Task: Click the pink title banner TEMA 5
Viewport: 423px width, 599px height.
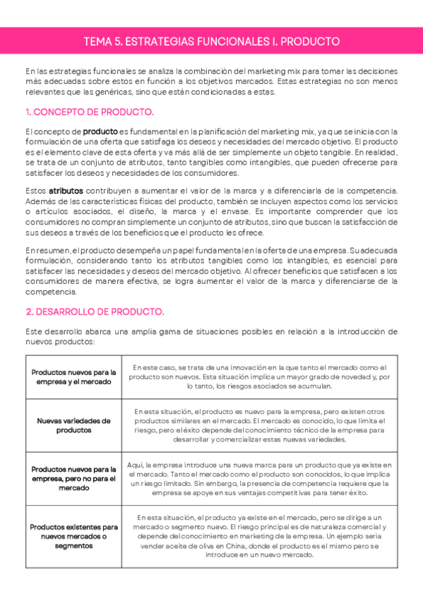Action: [211, 42]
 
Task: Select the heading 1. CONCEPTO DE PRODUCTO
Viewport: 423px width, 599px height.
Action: [89, 112]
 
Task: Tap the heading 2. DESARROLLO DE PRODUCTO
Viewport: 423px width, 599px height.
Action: [95, 311]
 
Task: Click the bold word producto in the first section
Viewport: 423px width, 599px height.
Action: [100, 131]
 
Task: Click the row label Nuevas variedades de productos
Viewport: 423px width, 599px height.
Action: [74, 425]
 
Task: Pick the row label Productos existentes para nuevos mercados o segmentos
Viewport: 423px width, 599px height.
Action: [74, 536]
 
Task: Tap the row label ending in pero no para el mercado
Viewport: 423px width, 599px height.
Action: [74, 478]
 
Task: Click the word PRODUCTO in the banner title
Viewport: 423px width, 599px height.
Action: [310, 42]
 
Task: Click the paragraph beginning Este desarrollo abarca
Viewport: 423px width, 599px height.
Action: [211, 336]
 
